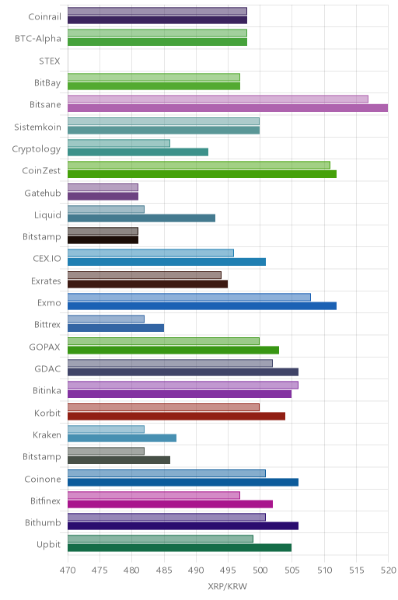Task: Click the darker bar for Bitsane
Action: pyautogui.click(x=228, y=108)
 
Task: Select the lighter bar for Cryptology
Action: pyautogui.click(x=119, y=144)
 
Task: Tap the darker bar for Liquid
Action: pyautogui.click(x=141, y=218)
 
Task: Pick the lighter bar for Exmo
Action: pyautogui.click(x=190, y=297)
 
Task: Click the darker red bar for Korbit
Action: pyautogui.click(x=176, y=416)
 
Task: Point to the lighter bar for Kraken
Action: pyautogui.click(x=106, y=429)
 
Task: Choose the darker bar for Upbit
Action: pyautogui.click(x=180, y=548)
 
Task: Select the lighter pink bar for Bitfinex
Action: pyautogui.click(x=154, y=495)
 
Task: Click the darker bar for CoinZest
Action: pyautogui.click(x=202, y=174)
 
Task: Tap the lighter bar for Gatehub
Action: pyautogui.click(x=103, y=187)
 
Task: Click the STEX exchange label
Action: pyautogui.click(x=50, y=61)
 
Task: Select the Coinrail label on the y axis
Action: pyautogui.click(x=44, y=17)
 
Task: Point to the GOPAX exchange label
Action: pyautogui.click(x=44, y=347)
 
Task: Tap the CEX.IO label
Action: pyautogui.click(x=47, y=259)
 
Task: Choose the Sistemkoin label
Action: pyautogui.click(x=37, y=127)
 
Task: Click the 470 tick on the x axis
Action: pyautogui.click(x=68, y=570)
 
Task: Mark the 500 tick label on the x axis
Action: pyautogui.click(x=260, y=570)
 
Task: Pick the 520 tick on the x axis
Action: pyautogui.click(x=388, y=570)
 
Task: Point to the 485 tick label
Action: pyautogui.click(x=164, y=570)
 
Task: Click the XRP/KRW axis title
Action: pyautogui.click(x=228, y=586)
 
